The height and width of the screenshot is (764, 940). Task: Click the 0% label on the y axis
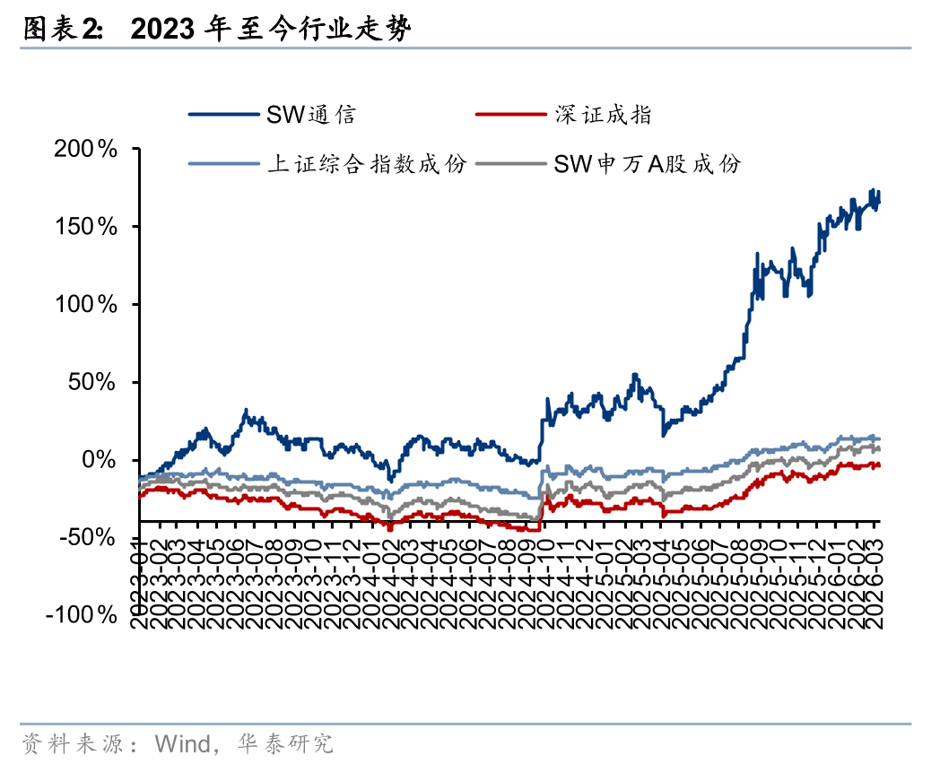tap(100, 460)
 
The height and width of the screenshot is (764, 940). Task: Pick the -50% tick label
tap(88, 538)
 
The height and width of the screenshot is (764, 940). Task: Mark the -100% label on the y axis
tap(83, 615)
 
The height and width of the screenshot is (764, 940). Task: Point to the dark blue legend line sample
tap(223, 115)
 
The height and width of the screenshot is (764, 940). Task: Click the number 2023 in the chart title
tap(161, 30)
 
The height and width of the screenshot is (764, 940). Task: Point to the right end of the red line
tap(879, 464)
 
